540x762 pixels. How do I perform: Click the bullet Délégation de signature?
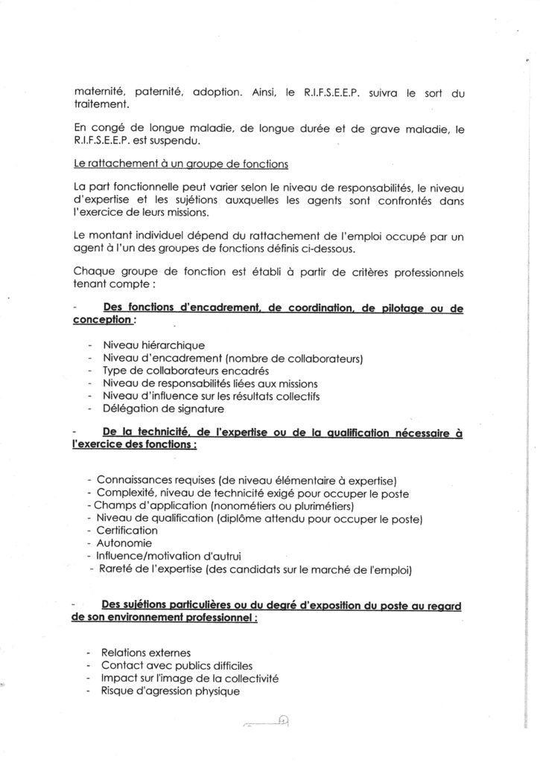[162, 409]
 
